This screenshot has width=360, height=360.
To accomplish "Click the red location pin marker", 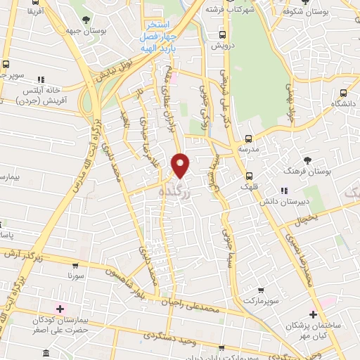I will (x=181, y=165).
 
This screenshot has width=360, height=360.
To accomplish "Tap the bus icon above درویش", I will (x=223, y=34).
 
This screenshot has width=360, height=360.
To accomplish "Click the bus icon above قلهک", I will (x=249, y=176).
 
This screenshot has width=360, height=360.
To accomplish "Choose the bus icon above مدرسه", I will (x=247, y=139).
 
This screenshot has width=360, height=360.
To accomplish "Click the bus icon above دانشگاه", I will (x=343, y=92).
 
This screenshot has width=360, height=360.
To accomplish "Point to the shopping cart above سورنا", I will (x=75, y=266).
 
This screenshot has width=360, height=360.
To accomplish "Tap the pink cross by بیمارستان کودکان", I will (x=59, y=308).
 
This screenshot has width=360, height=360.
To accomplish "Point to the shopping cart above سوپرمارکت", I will (x=262, y=289).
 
